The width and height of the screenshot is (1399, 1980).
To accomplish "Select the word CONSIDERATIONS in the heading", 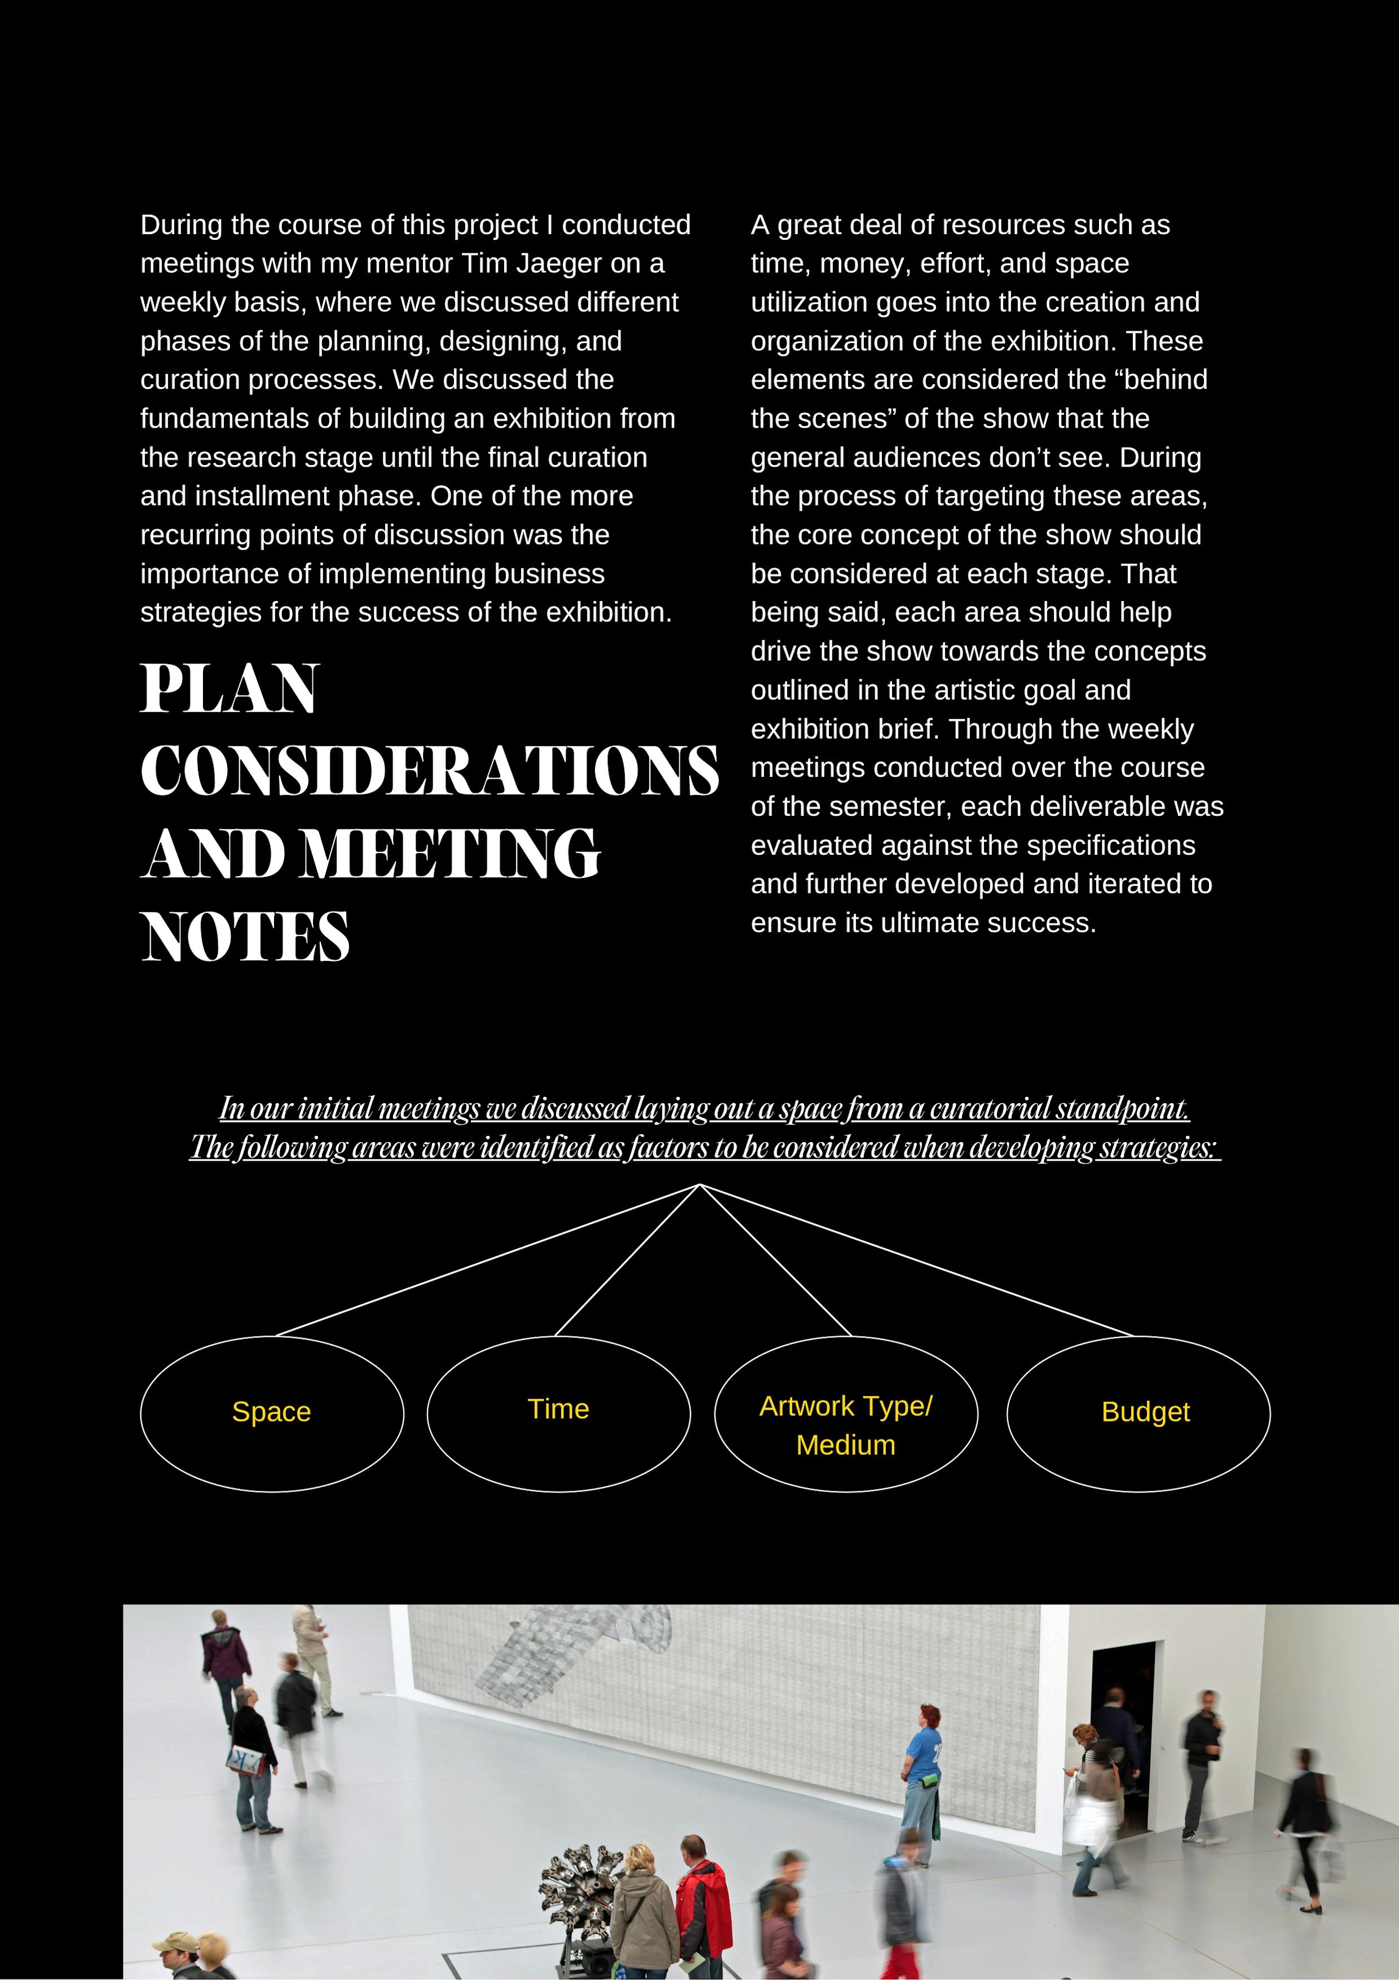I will (429, 770).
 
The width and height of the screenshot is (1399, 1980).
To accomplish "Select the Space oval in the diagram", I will (272, 1412).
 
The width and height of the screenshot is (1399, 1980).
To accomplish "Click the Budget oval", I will (1138, 1412).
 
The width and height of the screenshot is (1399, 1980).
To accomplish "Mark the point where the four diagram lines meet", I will (699, 1185).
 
